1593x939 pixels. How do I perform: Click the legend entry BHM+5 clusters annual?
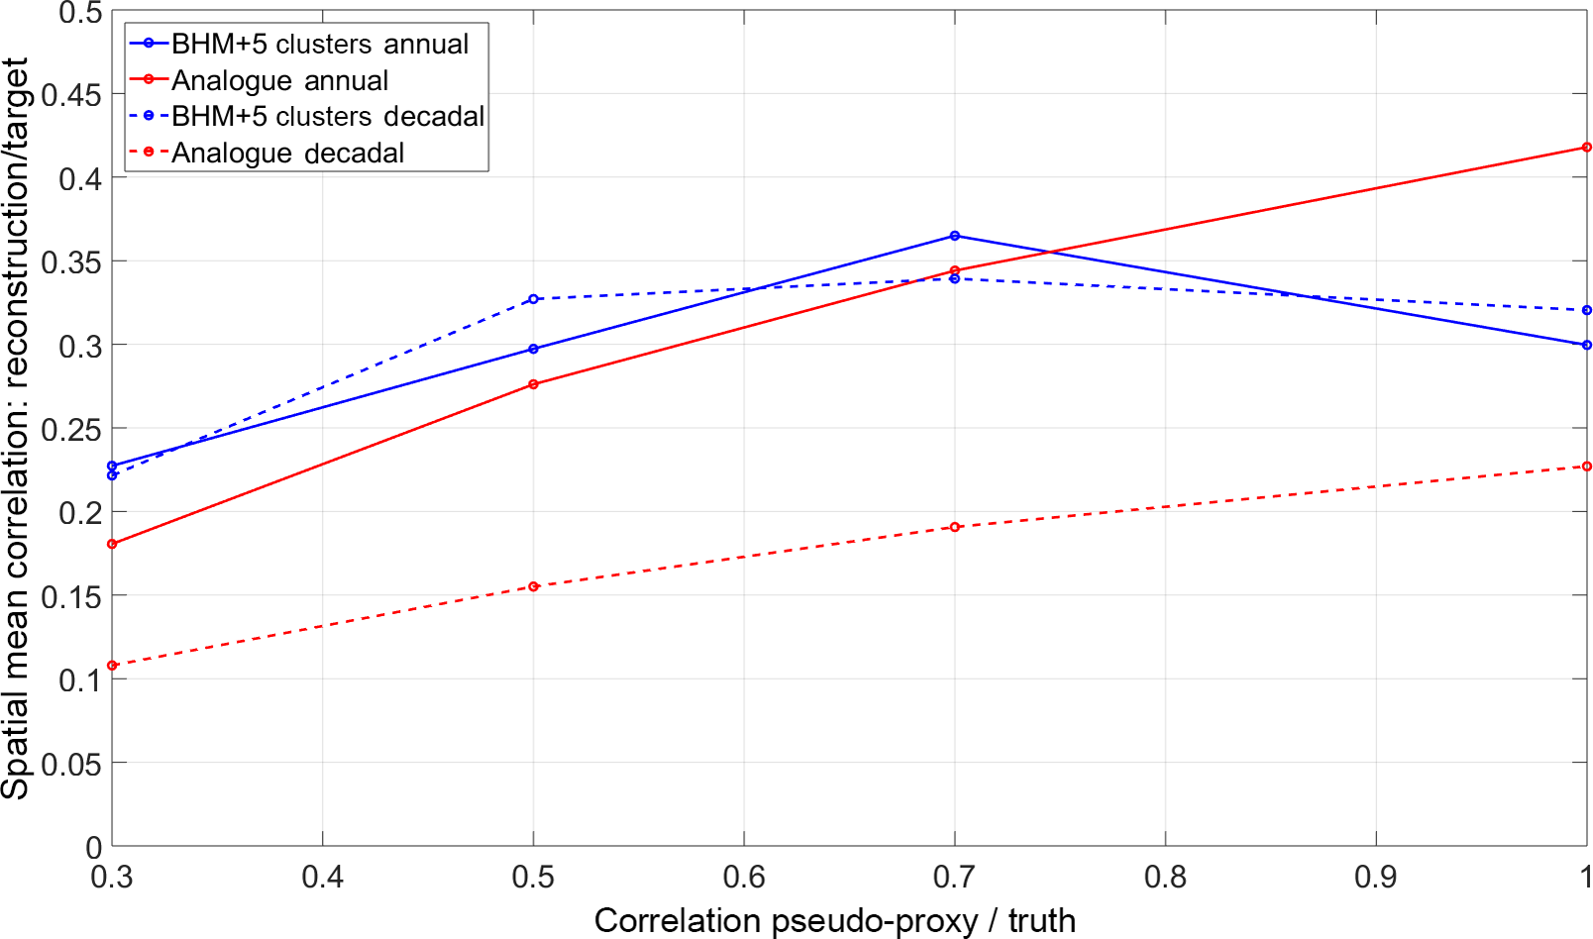click(x=319, y=44)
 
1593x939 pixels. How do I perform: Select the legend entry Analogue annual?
click(x=279, y=80)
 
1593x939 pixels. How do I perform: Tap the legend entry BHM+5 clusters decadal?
click(x=327, y=117)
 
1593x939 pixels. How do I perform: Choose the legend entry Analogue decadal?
click(x=287, y=154)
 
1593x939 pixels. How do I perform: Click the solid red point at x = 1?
click(x=1586, y=148)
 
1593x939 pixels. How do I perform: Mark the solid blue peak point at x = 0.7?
click(x=955, y=236)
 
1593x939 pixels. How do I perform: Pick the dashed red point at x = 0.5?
click(x=534, y=586)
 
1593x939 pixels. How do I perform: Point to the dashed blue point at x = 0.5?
click(x=534, y=299)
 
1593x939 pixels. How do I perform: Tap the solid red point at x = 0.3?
click(x=112, y=544)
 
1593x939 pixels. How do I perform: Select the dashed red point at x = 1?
click(x=1586, y=467)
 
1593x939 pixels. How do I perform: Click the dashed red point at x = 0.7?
click(x=955, y=527)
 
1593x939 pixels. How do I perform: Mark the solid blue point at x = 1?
click(x=1586, y=345)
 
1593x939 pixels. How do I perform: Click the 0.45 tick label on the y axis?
click(x=71, y=95)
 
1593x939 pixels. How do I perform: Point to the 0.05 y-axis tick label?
click(x=71, y=764)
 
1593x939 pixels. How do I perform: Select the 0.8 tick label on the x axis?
click(x=1165, y=877)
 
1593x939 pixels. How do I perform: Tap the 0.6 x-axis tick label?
click(x=744, y=877)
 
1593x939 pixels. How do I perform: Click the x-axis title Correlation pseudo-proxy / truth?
click(x=834, y=920)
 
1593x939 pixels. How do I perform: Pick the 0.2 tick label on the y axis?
click(x=79, y=513)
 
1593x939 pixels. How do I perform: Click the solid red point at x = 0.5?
click(x=534, y=384)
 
